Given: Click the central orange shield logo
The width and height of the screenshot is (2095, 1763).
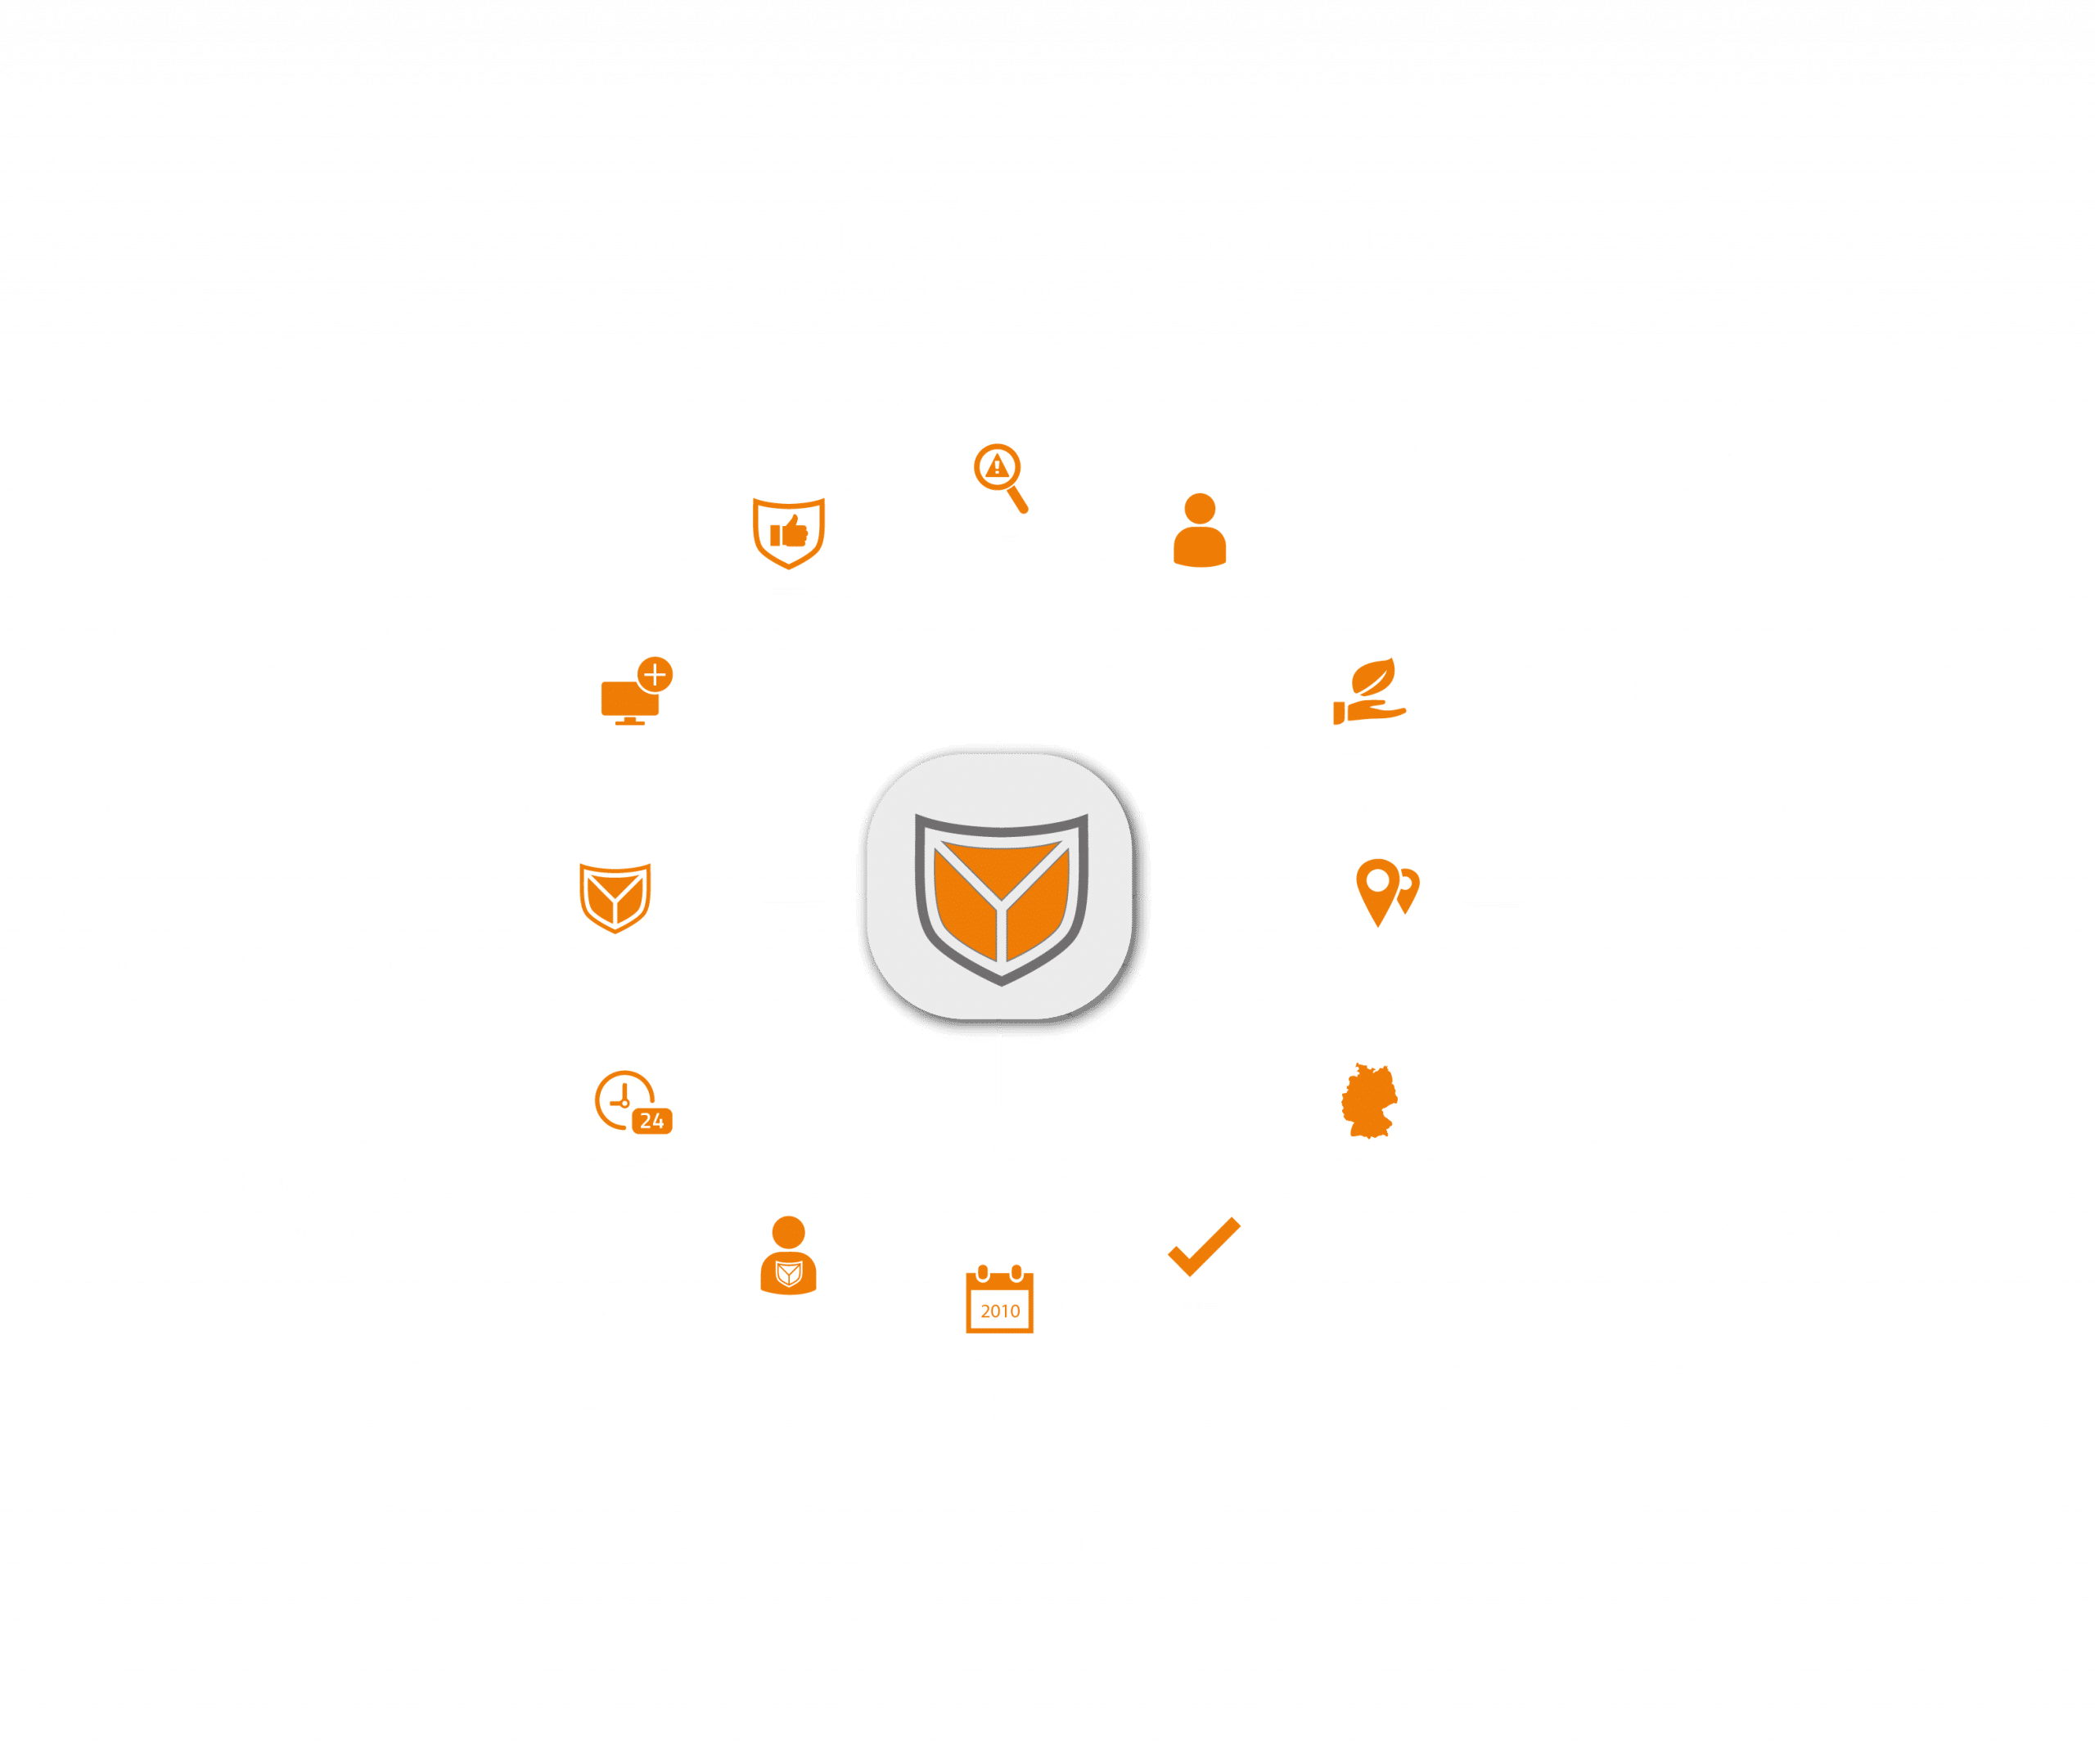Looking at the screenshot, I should pyautogui.click(x=1001, y=897).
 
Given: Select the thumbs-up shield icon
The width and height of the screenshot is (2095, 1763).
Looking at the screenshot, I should pyautogui.click(x=789, y=529).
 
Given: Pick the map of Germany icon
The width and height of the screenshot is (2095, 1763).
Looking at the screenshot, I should pyautogui.click(x=1367, y=1100).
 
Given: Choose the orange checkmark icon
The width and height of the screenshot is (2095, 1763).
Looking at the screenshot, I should pyautogui.click(x=1201, y=1244).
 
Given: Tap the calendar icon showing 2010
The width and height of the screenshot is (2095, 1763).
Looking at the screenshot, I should pyautogui.click(x=998, y=1300).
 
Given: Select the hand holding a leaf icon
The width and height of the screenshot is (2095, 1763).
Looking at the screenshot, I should pyautogui.click(x=1367, y=690).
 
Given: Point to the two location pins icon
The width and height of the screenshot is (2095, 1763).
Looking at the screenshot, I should pyautogui.click(x=1386, y=890).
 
